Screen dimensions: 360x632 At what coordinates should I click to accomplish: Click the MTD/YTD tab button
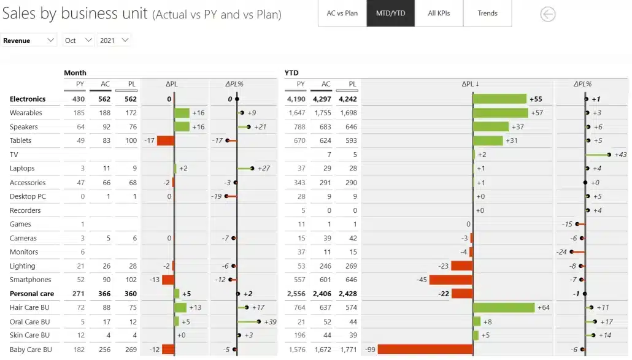pos(390,13)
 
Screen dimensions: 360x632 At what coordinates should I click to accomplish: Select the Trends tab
pos(488,13)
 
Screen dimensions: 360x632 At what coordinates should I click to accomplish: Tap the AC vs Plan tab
pos(342,13)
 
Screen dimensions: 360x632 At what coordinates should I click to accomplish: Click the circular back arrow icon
pos(547,14)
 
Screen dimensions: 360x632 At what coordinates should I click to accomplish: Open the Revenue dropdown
pos(29,40)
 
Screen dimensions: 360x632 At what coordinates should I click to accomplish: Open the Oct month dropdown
pos(79,40)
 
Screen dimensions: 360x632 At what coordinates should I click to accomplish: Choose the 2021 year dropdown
pos(115,40)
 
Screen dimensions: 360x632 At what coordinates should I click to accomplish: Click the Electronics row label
pos(28,99)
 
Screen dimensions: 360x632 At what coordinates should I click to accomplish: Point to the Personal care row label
pos(32,294)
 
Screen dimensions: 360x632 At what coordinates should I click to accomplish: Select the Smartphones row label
pos(31,280)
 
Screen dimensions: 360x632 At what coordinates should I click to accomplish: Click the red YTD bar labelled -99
pos(425,350)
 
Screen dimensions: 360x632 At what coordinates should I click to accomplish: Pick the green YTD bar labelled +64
pos(503,307)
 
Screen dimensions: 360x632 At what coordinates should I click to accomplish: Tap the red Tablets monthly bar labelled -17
pos(166,140)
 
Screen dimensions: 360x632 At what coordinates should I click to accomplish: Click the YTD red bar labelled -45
pos(450,280)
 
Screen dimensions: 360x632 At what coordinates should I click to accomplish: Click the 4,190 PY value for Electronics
pos(296,99)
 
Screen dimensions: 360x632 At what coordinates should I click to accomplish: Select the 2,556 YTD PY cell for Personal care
pos(296,294)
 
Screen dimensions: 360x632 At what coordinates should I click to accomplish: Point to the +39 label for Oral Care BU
pos(270,321)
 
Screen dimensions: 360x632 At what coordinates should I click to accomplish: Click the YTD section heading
pos(291,73)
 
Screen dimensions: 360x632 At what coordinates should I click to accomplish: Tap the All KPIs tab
pos(439,13)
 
